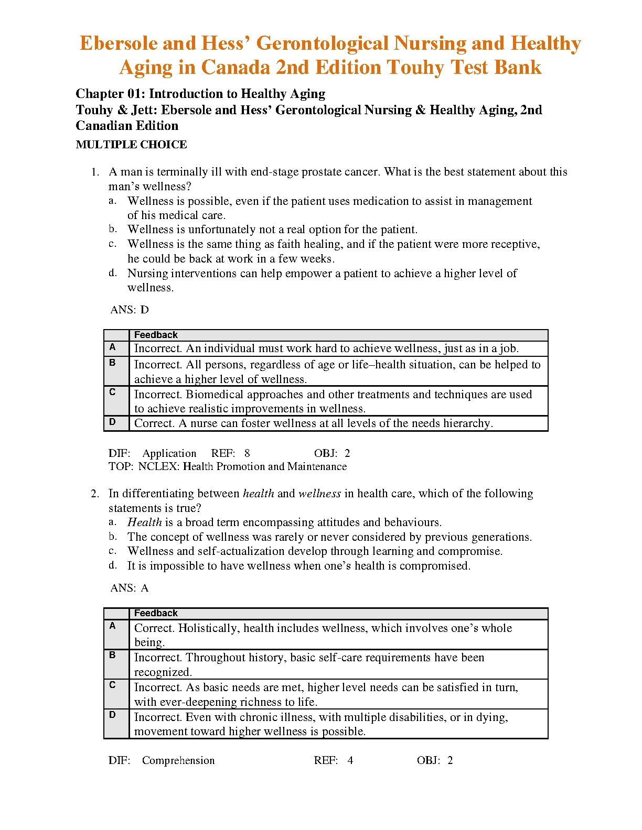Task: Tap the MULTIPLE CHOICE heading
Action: (131, 145)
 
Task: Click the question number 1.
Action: (94, 172)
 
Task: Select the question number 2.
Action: (94, 494)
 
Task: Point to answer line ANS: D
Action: (130, 310)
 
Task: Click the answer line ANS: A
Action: (130, 588)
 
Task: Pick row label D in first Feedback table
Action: (112, 422)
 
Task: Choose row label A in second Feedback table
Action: (112, 626)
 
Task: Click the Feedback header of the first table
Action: (156, 335)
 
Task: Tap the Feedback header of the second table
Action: (156, 613)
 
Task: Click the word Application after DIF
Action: (169, 453)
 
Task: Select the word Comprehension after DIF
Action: (178, 760)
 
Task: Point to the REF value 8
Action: (247, 453)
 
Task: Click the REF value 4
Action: (350, 760)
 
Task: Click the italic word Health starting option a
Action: (145, 522)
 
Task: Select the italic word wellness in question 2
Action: (319, 494)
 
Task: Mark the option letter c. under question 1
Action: (112, 244)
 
